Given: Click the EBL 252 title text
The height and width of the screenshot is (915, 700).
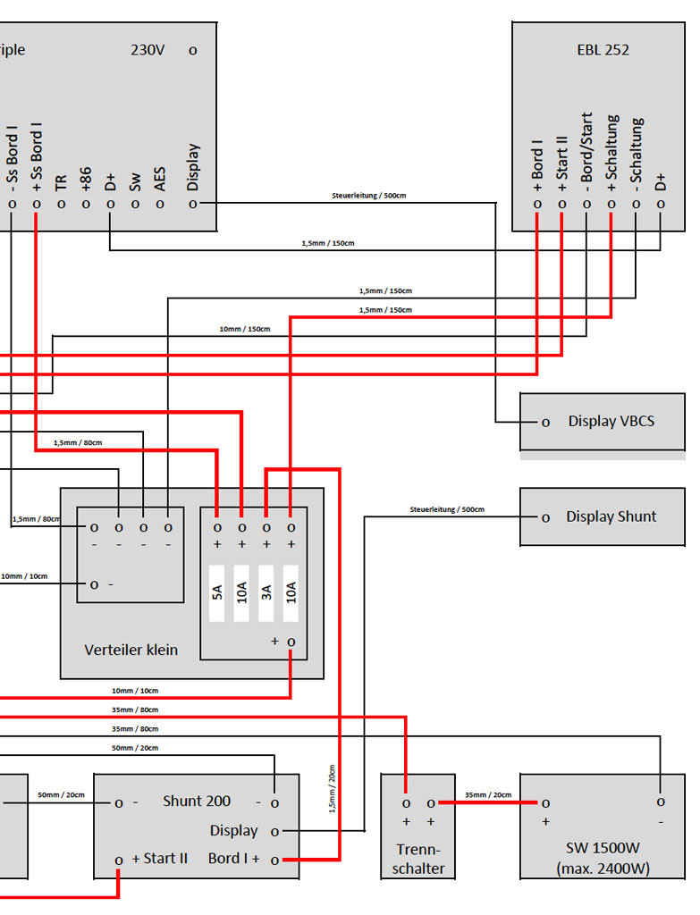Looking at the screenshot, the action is point(603,50).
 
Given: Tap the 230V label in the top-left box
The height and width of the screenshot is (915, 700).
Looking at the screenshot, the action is point(148,50).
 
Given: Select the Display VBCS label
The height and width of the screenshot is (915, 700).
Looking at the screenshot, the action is point(611,422).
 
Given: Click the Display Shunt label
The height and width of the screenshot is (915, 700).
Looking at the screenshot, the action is point(611,516).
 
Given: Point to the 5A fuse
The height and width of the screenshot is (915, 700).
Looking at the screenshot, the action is point(217,593).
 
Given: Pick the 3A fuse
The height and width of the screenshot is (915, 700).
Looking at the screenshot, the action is point(266,593).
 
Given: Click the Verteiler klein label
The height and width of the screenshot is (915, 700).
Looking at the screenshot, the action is point(131,651).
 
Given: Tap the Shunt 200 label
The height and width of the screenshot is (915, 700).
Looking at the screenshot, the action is point(197,802).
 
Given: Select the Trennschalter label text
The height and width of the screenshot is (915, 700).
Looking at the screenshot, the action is point(418,859).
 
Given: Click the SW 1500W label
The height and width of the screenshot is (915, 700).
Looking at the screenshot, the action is point(603,848).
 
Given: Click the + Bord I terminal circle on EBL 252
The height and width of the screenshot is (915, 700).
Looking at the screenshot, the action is point(537,205).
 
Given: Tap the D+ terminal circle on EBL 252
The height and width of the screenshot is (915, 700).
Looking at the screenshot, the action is point(661,205).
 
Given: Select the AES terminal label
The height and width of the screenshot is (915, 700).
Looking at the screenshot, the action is point(160,179).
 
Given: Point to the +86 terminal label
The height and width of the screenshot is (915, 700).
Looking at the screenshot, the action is point(86,179).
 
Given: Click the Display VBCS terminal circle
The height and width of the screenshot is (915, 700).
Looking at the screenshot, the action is point(545,423).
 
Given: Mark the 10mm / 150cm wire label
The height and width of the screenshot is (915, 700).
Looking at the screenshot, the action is point(245,329).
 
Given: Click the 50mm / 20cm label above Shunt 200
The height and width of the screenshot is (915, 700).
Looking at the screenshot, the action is point(135,748).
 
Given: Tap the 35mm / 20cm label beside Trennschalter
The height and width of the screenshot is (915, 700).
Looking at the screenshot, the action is point(488,794).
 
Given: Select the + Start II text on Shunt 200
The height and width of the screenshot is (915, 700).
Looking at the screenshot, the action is point(159,859).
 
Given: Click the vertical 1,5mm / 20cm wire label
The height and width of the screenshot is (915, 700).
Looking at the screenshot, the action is point(333,788).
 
